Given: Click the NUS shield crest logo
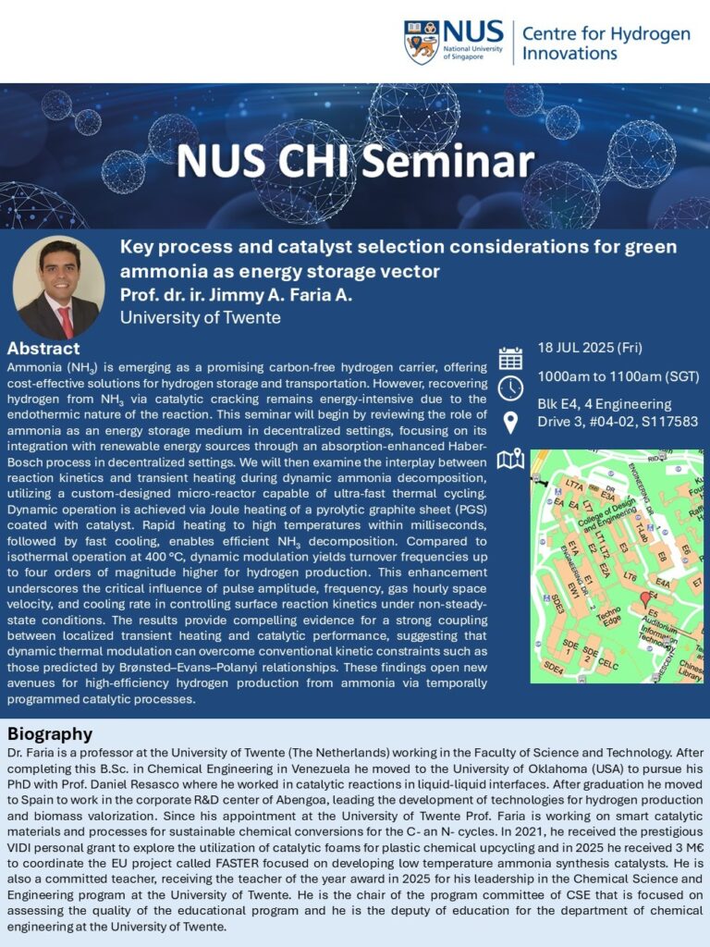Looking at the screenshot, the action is [422, 42].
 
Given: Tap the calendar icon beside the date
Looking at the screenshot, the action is [510, 358].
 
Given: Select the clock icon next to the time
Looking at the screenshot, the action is [510, 388].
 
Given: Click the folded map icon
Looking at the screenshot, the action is [510, 461].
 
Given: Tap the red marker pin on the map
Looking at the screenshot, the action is [645, 599].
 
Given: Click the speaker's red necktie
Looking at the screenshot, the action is [66, 321].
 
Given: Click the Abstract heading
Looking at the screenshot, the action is [43, 349].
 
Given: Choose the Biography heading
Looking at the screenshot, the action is [50, 733].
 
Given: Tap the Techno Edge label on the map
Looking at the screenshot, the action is [608, 616].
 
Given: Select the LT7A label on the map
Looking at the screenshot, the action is [573, 485].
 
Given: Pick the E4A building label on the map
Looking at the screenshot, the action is [662, 584].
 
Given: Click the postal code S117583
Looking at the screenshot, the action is [668, 422].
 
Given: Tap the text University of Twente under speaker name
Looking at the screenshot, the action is [201, 318].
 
